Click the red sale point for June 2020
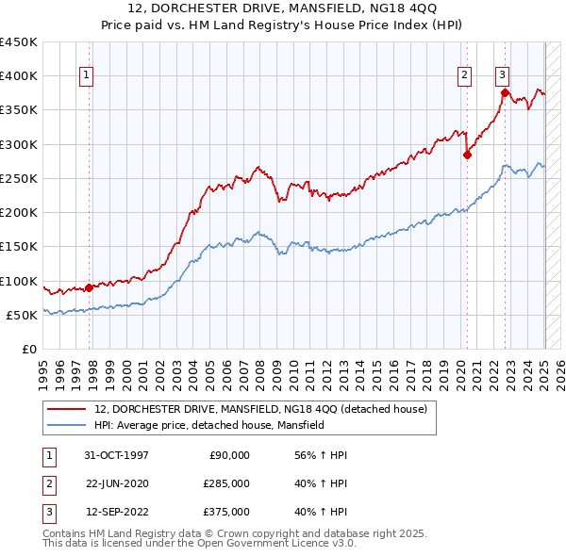point(467,156)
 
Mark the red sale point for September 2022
point(505,92)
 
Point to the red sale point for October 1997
point(90,287)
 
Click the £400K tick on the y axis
point(19,76)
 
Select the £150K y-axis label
point(19,247)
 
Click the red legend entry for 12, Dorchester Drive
point(261,409)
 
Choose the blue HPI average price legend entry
point(209,426)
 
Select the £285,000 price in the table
point(226,483)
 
